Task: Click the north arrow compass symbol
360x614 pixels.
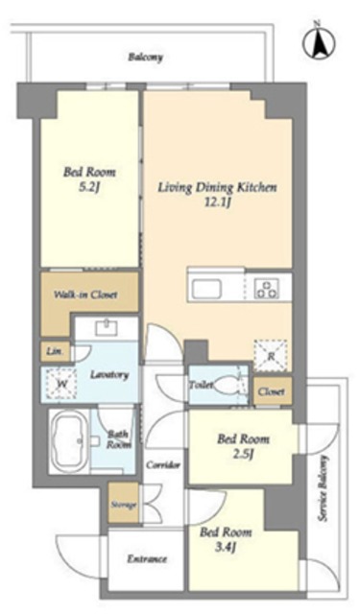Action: pos(319,43)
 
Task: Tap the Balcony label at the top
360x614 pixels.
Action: pos(145,58)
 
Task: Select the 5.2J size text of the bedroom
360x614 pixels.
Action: pos(89,188)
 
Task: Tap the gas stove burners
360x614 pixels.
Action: pos(266,289)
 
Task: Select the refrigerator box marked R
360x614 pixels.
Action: pos(271,356)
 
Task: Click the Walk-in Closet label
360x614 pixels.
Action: pos(85,295)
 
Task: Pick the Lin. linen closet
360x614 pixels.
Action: pos(56,351)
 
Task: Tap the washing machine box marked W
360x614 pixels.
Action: pos(61,384)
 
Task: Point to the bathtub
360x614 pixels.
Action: pos(69,441)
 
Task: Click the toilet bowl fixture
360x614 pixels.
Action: pos(228,386)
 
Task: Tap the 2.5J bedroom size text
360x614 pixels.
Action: pos(243,454)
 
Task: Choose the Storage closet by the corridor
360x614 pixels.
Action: pos(124,503)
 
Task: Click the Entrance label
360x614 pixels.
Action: pos(147,558)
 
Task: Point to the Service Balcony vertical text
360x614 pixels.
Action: pos(323,487)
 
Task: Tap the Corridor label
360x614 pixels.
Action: pos(163,464)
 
